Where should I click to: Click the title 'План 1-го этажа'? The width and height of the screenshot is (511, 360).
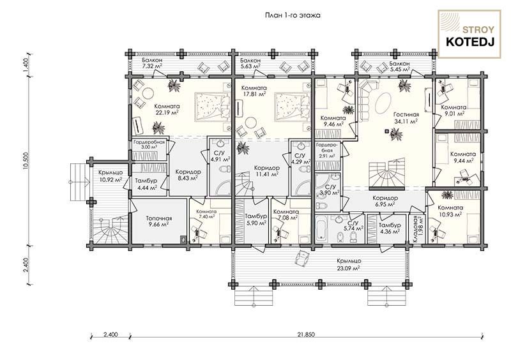coord(292,15)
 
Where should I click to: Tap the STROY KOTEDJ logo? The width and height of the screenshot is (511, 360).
coord(469,34)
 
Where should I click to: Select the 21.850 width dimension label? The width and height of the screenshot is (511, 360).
coord(306,334)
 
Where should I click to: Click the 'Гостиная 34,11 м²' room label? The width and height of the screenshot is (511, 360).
coord(406,118)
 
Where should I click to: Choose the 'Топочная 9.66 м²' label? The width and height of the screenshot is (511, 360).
coord(158,221)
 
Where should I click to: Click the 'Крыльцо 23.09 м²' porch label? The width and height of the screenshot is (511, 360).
coord(349,264)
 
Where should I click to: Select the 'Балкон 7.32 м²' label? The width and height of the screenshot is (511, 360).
coord(152,63)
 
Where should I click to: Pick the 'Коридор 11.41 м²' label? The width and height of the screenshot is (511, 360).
coord(266,171)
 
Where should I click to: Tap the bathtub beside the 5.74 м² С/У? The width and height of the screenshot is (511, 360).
coord(322,230)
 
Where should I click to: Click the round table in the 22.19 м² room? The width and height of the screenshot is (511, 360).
coord(148,93)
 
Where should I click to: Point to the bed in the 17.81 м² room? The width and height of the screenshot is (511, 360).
coord(292,107)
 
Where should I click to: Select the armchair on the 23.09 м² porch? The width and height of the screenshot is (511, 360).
coord(301,258)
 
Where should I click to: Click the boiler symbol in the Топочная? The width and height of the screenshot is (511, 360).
coord(184,239)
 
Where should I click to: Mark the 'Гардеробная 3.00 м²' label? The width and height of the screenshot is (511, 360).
coord(149,144)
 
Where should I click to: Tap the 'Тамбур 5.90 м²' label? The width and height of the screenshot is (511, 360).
coord(256,220)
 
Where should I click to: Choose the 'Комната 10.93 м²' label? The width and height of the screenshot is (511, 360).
coord(450,211)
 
